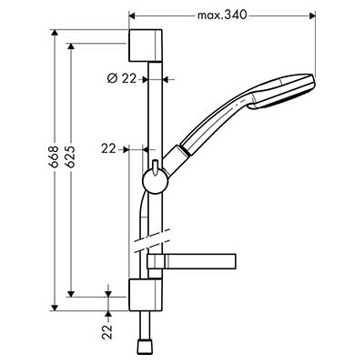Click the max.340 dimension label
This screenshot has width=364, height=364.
click(222, 15)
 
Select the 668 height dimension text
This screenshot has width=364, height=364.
click(54, 157)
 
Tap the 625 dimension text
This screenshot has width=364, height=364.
click(70, 157)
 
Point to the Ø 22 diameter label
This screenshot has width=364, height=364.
click(122, 79)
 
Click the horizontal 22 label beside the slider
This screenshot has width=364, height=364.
click(108, 149)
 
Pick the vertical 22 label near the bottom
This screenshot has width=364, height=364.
click(106, 331)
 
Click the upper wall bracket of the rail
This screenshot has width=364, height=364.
click(146, 45)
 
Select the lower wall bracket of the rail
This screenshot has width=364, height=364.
click(146, 295)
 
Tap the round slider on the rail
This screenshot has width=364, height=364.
click(154, 181)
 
